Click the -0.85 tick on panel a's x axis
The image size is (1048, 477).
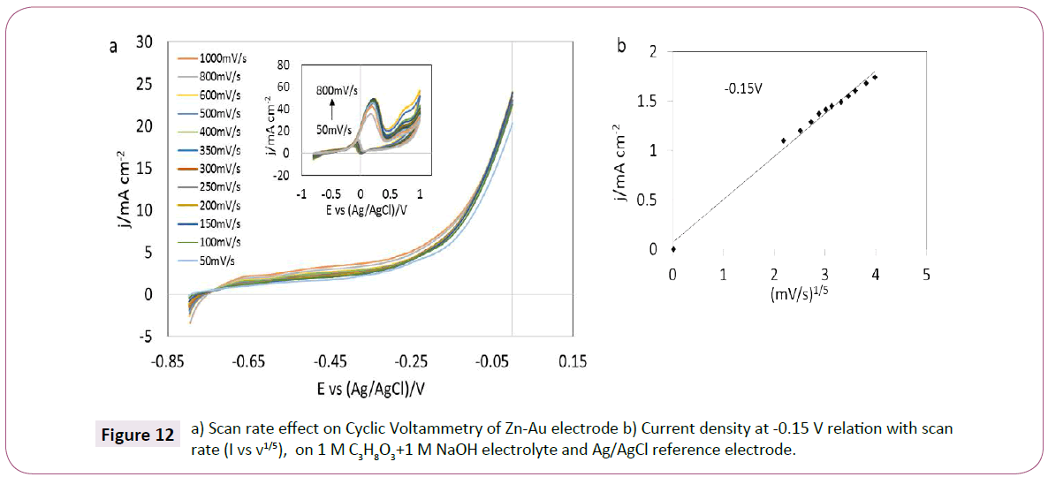coord(168,361)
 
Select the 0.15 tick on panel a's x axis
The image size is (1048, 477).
coord(573,361)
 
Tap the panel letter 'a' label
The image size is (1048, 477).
coord(113,48)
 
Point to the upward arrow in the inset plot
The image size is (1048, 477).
coord(332,108)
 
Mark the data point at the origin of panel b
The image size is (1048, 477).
coord(673,249)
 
